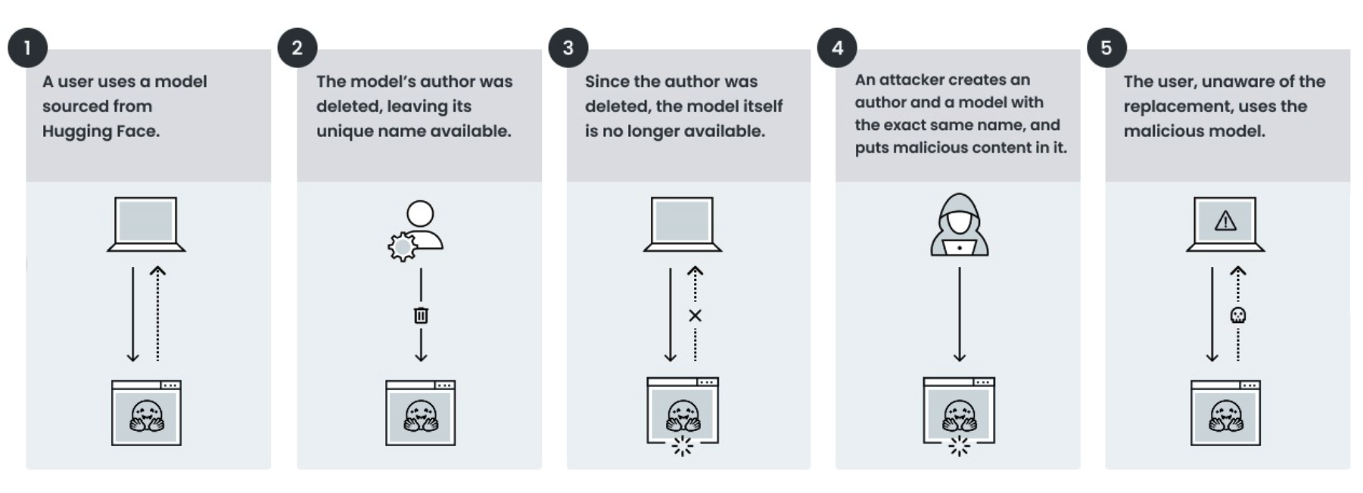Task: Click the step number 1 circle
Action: pos(28,48)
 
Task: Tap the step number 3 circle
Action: pos(568,48)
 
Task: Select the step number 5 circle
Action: pos(1106,48)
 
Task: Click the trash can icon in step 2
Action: pos(421,315)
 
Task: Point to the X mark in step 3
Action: pos(695,315)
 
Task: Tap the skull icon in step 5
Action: pos(1237,315)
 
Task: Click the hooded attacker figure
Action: pos(959,225)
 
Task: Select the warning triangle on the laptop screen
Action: pos(1225,221)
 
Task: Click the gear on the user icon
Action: pos(402,246)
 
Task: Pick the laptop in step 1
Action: pos(146,225)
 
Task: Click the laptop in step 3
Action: pos(682,225)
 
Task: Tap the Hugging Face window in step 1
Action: pos(146,413)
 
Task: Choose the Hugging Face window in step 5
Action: pos(1225,413)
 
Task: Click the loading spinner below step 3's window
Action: pos(682,447)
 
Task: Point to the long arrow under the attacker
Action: pos(959,314)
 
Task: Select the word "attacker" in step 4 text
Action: pos(910,80)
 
